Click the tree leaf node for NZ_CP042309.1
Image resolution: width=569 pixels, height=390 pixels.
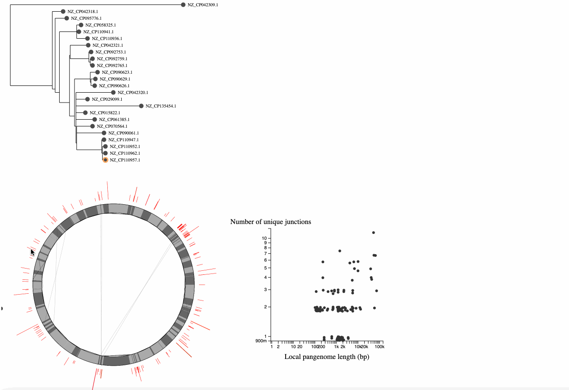tap(183, 5)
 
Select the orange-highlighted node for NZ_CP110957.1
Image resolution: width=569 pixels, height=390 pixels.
tap(106, 160)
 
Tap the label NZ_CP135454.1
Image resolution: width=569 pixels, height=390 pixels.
tap(161, 106)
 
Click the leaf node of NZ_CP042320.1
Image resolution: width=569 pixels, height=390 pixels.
tap(113, 93)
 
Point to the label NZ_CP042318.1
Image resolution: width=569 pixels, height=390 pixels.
tap(83, 12)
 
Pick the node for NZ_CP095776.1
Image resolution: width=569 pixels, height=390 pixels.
tap(66, 18)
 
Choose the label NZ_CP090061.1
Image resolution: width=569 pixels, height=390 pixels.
tap(124, 133)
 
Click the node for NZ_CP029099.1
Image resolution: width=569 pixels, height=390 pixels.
tap(88, 99)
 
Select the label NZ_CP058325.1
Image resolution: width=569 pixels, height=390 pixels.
tap(101, 25)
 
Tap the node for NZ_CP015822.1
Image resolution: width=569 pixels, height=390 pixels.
tap(85, 113)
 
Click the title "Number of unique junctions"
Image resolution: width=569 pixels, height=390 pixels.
tap(270, 222)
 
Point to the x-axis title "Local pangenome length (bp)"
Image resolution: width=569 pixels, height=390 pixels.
tap(326, 357)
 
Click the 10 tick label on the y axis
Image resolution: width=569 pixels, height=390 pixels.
tap(265, 238)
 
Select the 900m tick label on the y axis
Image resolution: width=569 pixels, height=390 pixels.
tap(261, 341)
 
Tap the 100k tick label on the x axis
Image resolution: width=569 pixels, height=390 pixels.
tap(380, 347)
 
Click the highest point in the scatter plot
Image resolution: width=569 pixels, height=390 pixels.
tap(373, 233)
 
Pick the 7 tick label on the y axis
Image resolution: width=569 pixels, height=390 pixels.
tap(265, 254)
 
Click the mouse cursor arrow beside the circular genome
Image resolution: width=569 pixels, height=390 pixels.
tap(32, 252)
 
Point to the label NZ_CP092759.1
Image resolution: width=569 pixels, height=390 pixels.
tap(112, 59)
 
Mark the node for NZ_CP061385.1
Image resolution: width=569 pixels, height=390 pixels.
tap(95, 120)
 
